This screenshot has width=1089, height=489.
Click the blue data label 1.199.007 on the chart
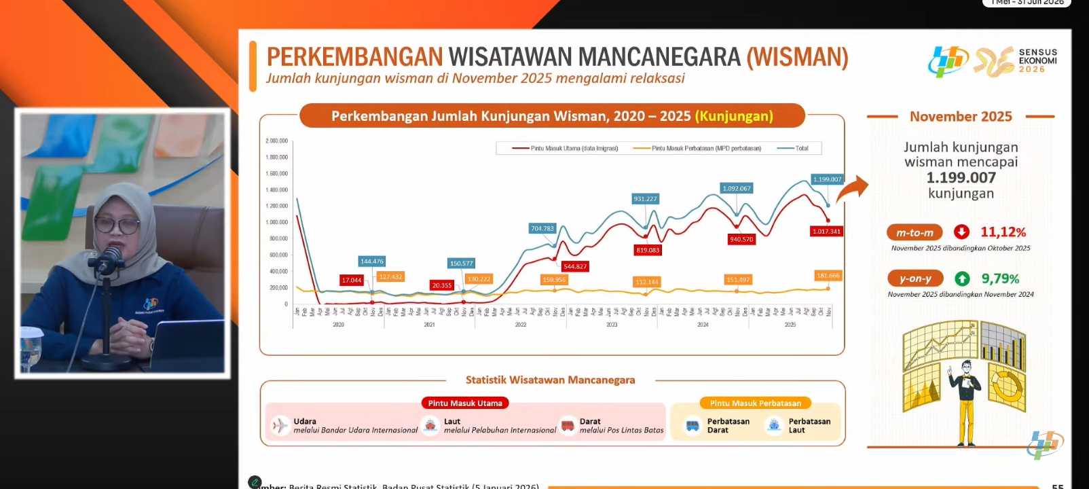(x=827, y=179)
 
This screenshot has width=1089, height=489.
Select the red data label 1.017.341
(x=826, y=232)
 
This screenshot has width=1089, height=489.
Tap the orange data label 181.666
(x=828, y=276)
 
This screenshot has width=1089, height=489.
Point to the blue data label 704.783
(x=542, y=228)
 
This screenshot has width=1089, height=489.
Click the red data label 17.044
(x=352, y=280)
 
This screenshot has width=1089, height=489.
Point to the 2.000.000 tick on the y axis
(x=276, y=141)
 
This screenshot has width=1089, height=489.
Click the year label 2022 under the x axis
(x=521, y=325)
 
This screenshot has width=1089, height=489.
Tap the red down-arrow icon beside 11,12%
(x=961, y=232)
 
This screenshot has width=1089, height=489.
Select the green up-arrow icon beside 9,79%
(x=962, y=278)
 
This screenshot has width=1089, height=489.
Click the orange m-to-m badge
(x=915, y=232)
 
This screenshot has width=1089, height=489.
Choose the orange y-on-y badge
(x=915, y=278)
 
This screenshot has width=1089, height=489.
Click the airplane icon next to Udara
(x=280, y=426)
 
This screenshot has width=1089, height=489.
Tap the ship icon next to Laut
(x=430, y=426)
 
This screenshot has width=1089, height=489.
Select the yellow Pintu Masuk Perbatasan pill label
(x=755, y=403)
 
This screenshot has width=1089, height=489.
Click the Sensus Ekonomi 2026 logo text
(x=1037, y=60)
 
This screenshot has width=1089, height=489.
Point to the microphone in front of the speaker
(x=111, y=257)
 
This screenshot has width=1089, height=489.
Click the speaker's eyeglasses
(x=116, y=223)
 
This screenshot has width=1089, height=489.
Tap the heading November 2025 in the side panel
(x=961, y=117)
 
